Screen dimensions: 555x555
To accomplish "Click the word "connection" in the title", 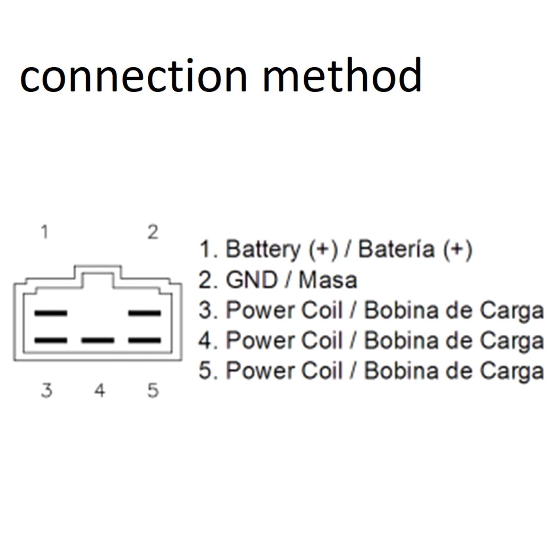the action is coord(134,76).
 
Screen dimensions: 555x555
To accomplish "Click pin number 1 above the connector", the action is coord(44,232).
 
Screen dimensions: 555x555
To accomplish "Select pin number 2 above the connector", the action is coord(153,232).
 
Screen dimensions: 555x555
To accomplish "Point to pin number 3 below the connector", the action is coord(46,390).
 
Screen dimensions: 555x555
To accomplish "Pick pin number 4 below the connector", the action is coord(100,390).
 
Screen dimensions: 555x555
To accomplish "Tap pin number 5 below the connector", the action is coord(153,390).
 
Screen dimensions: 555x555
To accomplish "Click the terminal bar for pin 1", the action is coord(51,313).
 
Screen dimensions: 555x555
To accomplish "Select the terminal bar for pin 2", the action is coord(145,313).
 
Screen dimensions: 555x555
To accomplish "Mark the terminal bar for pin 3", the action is coord(51,340).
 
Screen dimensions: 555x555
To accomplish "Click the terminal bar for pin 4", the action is coord(98,340).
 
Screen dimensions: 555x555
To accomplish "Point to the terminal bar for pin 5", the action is coord(145,340).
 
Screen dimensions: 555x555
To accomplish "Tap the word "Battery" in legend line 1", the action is coord(263,250).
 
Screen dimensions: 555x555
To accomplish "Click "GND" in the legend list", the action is coord(252,280).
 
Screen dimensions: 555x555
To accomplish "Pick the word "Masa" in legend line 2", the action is coord(328,280).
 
